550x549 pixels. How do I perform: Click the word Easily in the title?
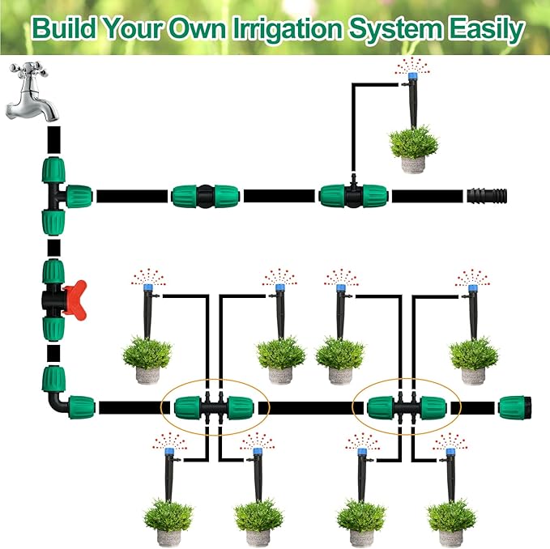click(x=484, y=30)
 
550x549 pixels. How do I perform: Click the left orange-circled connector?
click(x=215, y=406)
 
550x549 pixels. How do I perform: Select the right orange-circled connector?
click(x=407, y=406)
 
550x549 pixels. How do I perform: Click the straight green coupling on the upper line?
click(x=203, y=195)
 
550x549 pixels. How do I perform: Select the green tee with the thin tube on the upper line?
click(x=353, y=194)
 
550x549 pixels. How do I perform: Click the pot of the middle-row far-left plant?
click(x=148, y=375)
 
